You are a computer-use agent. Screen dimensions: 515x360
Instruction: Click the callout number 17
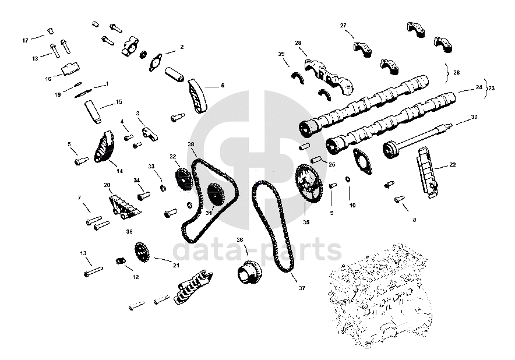pyautogui.click(x=25, y=40)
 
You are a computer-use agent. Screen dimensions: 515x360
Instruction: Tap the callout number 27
pyautogui.click(x=343, y=25)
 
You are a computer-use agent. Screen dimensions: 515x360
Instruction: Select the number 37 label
pyautogui.click(x=302, y=288)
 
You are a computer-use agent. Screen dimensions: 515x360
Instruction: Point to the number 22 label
pyautogui.click(x=453, y=165)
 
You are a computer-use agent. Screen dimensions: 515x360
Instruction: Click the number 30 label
pyautogui.click(x=474, y=117)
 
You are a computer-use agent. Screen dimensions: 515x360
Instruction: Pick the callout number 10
pyautogui.click(x=352, y=205)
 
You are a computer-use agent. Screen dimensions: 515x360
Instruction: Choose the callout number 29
pyautogui.click(x=281, y=54)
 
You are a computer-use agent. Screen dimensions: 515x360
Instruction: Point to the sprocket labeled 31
pyautogui.click(x=213, y=194)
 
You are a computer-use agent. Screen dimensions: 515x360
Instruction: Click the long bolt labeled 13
pyautogui.click(x=93, y=271)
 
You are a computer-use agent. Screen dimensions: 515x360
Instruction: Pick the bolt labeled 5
pyautogui.click(x=80, y=160)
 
